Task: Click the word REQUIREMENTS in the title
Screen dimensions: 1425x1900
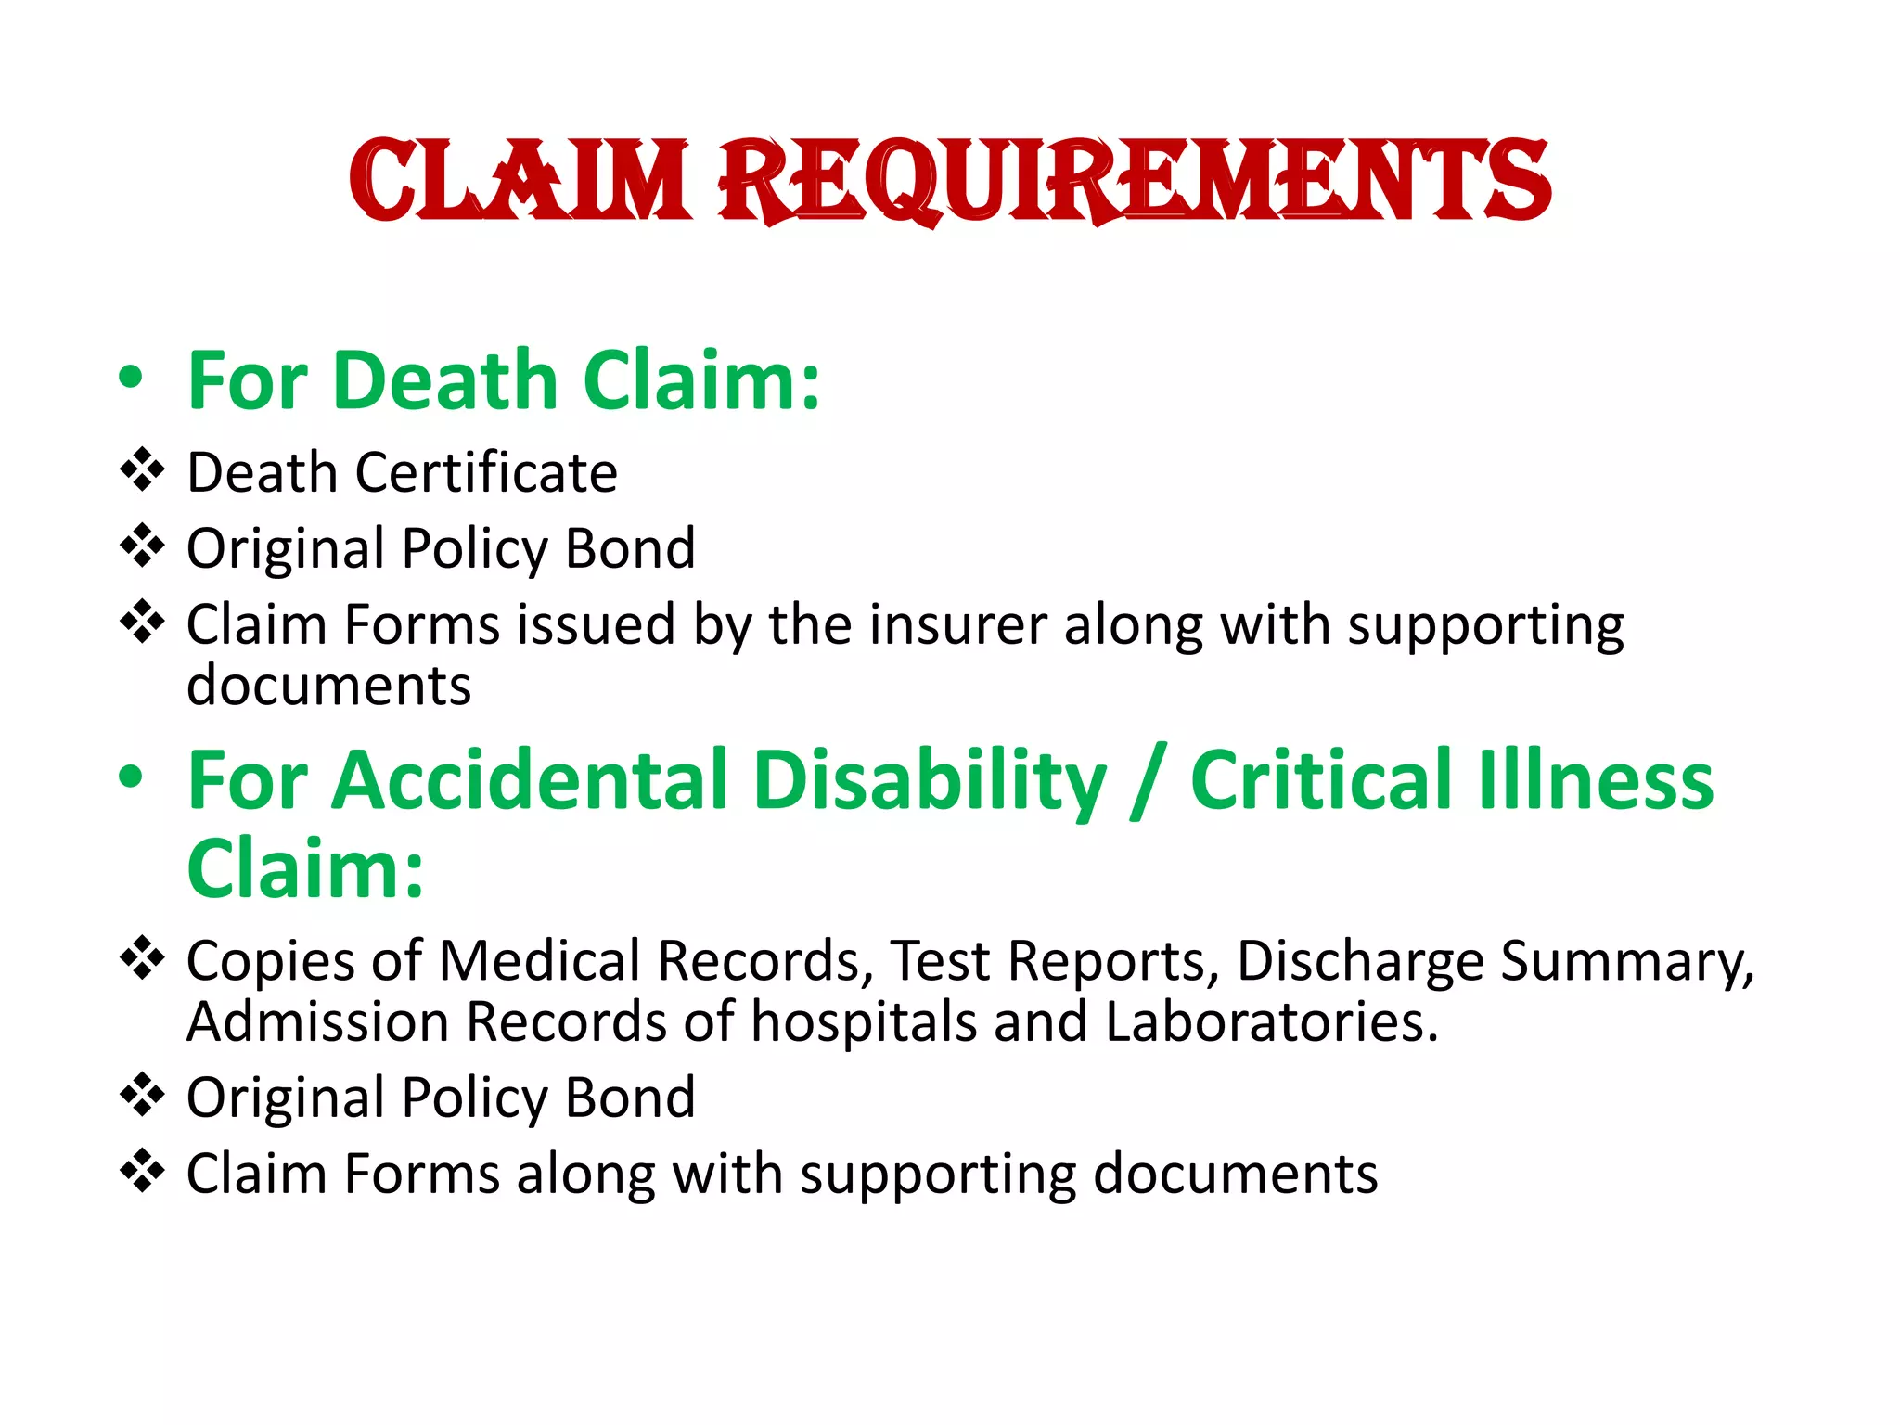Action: point(1134,181)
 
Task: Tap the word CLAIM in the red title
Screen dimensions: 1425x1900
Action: point(520,181)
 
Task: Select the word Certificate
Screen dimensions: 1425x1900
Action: point(486,472)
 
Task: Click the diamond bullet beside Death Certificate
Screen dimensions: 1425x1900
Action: point(142,469)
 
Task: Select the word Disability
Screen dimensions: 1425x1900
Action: point(931,780)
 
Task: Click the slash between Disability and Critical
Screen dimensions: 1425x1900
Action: point(1149,784)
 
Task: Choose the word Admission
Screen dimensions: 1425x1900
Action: point(318,1021)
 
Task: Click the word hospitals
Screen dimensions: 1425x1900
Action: point(864,1021)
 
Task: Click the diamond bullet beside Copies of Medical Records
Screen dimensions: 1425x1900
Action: point(142,957)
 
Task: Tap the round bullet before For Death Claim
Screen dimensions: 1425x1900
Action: point(131,378)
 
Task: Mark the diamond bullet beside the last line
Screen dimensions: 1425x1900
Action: point(142,1171)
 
